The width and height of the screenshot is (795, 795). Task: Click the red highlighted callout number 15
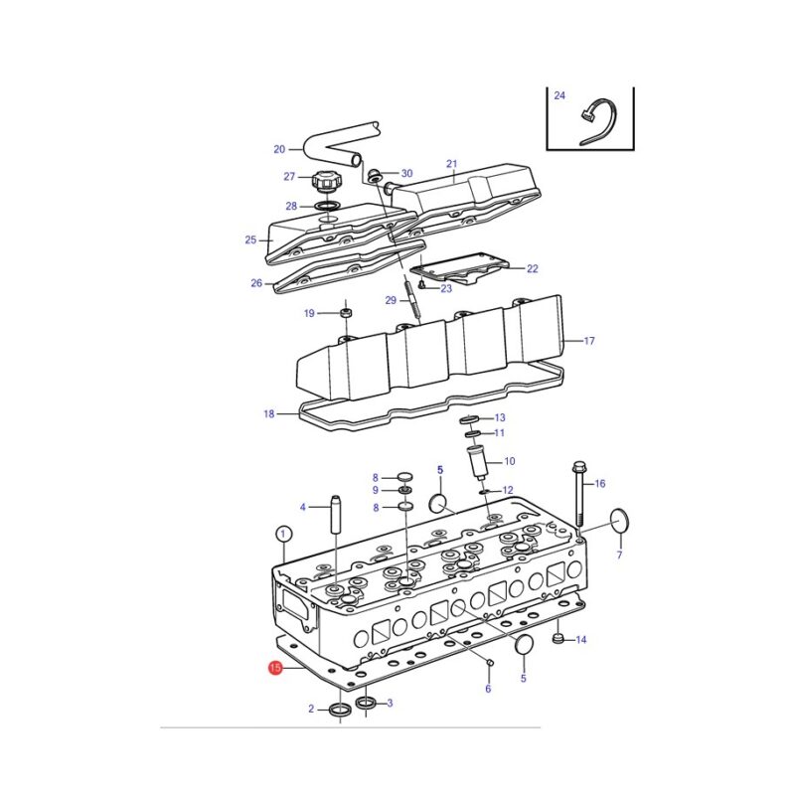pyautogui.click(x=275, y=667)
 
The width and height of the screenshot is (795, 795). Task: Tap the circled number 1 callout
pyautogui.click(x=283, y=534)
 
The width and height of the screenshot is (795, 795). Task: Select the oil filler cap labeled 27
pyautogui.click(x=326, y=181)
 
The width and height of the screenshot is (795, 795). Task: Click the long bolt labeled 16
pyautogui.click(x=579, y=493)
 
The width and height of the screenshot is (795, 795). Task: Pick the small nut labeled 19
pyautogui.click(x=346, y=312)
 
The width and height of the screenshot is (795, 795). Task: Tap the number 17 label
pyautogui.click(x=589, y=341)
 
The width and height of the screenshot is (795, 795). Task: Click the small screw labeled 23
pyautogui.click(x=421, y=287)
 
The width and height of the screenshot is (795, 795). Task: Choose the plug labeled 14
pyautogui.click(x=557, y=639)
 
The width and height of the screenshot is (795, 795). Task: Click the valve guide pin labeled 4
pyautogui.click(x=336, y=514)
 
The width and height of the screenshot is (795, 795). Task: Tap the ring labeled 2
pyautogui.click(x=339, y=709)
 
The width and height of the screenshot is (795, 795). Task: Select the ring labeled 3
pyautogui.click(x=366, y=703)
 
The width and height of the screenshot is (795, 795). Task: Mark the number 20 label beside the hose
pyautogui.click(x=279, y=150)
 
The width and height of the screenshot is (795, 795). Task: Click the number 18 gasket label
pyautogui.click(x=268, y=413)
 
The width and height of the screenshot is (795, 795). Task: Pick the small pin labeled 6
pyautogui.click(x=489, y=662)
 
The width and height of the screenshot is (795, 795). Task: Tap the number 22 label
pyautogui.click(x=533, y=268)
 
